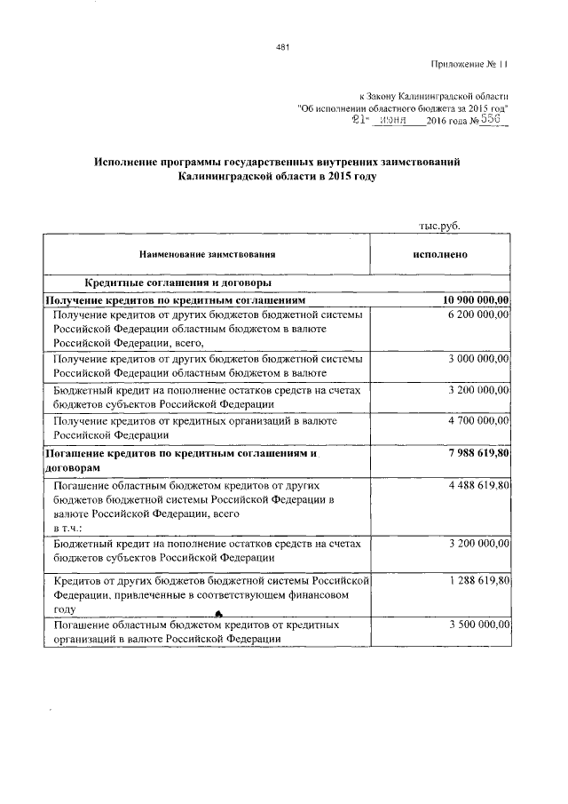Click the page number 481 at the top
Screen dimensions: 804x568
tap(283, 47)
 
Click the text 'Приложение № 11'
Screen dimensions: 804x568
tap(471, 64)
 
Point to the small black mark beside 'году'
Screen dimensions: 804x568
tap(217, 612)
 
